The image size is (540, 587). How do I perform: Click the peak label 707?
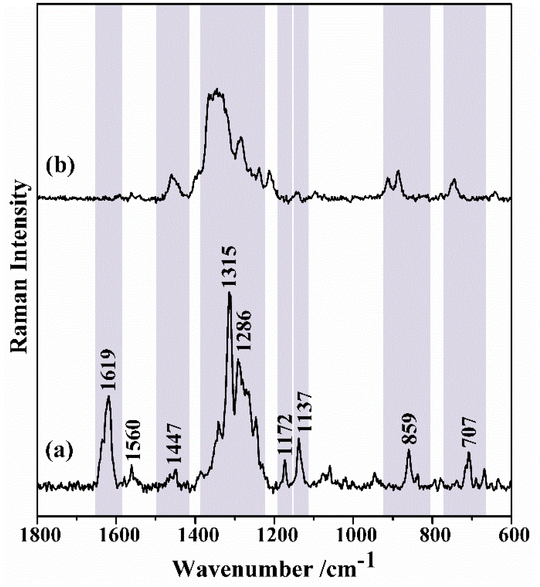click(469, 432)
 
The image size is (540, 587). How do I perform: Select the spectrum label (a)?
click(59, 451)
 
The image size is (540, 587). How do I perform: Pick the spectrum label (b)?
click(60, 166)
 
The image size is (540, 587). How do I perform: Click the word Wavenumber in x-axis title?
click(242, 570)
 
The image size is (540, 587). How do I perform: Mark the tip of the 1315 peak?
click(229, 292)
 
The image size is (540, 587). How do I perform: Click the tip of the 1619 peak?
click(108, 396)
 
